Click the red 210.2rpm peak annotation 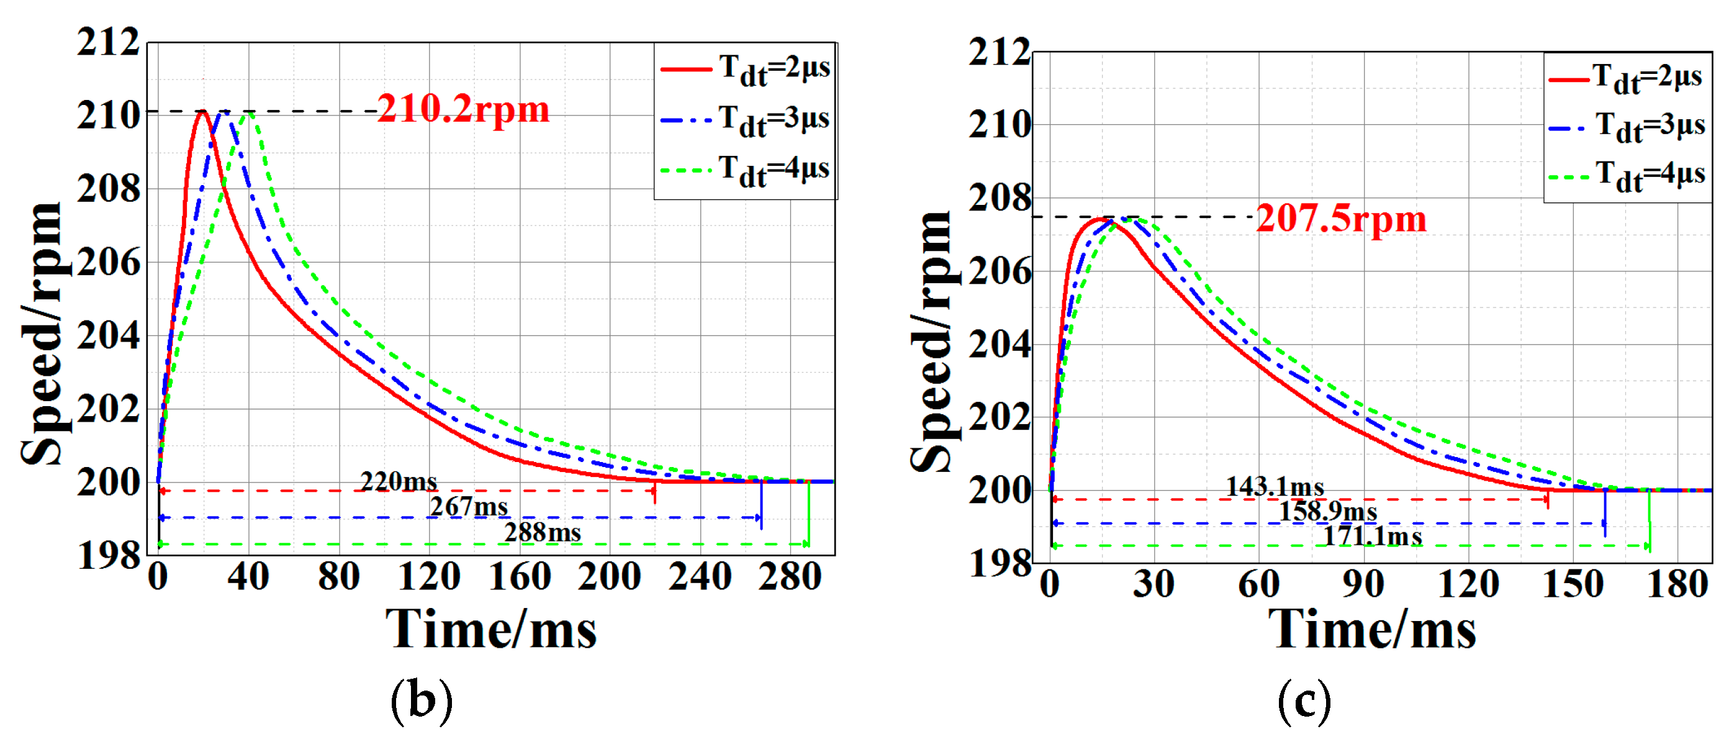[x=463, y=109]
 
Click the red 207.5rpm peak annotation [x=1341, y=219]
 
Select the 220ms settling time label [x=399, y=481]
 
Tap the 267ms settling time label [x=469, y=507]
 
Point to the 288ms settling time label [x=543, y=532]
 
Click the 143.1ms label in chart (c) [x=1275, y=486]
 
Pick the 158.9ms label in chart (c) [x=1327, y=512]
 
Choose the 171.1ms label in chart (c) [x=1372, y=537]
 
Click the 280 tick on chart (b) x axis [x=790, y=576]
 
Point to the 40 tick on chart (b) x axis [x=248, y=576]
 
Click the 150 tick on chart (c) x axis [x=1573, y=583]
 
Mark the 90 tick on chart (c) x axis [x=1363, y=583]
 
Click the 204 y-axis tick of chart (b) [x=109, y=335]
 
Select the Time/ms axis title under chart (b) [x=490, y=630]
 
